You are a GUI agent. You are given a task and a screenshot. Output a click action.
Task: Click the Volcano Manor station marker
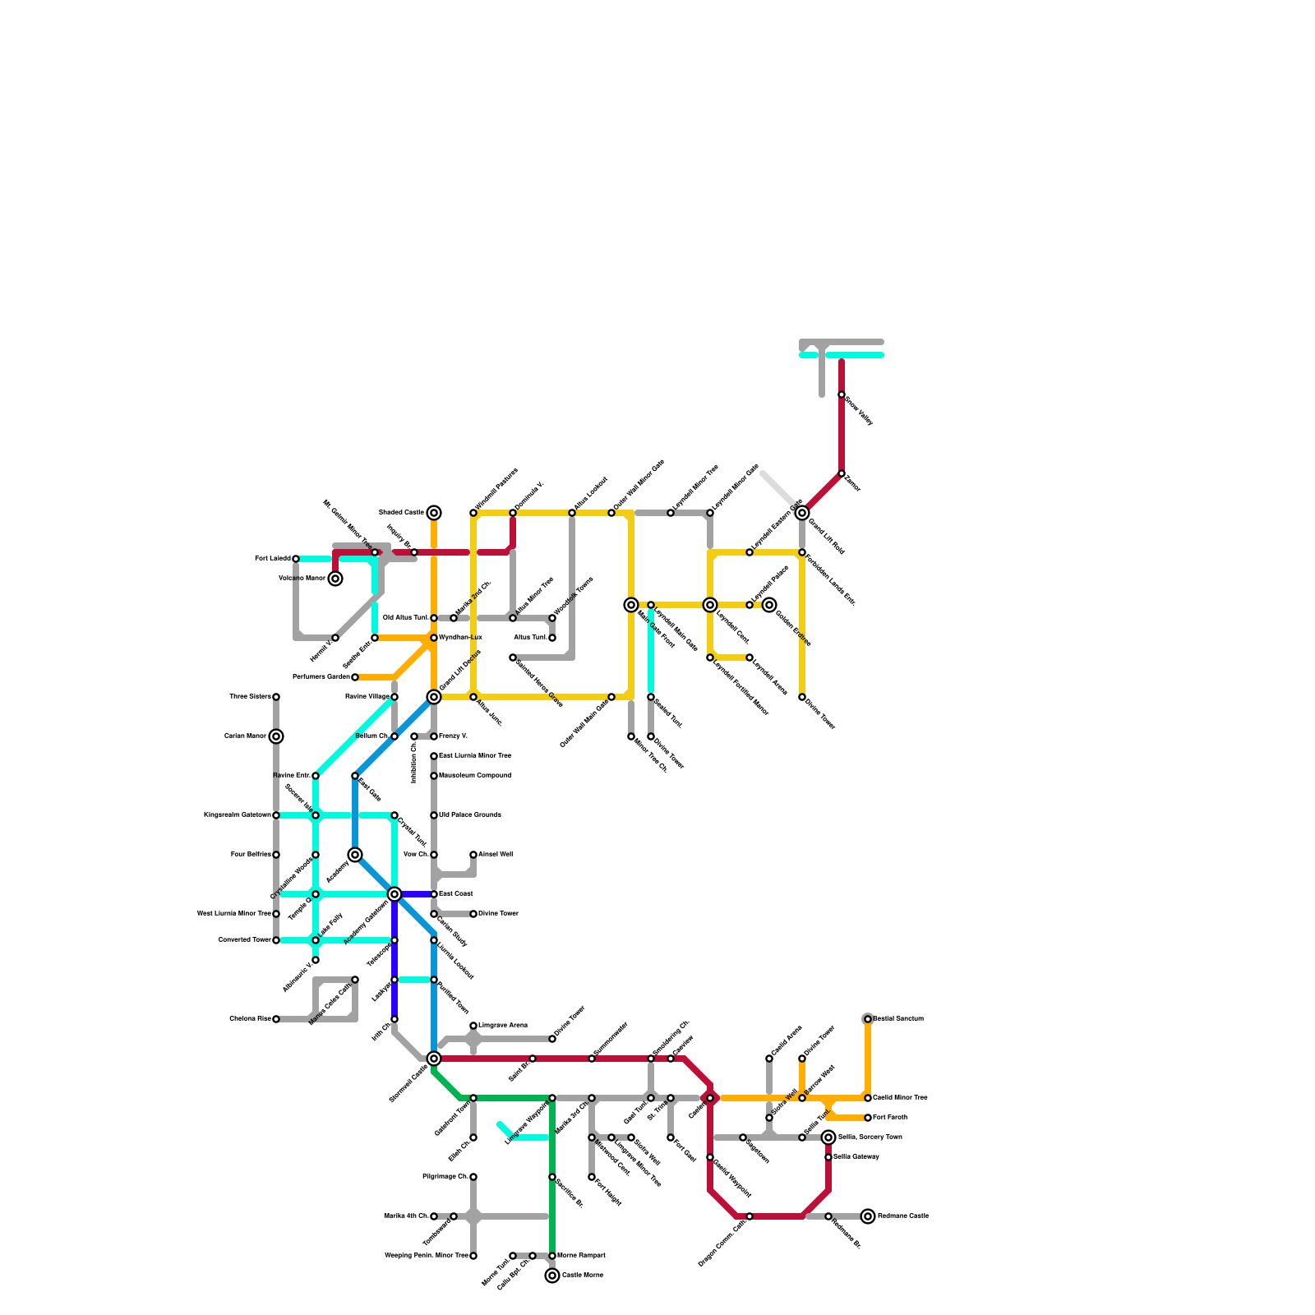pyautogui.click(x=335, y=579)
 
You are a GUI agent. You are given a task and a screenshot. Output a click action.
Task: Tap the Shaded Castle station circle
pyautogui.click(x=434, y=513)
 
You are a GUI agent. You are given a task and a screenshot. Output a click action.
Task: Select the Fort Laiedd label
pyautogui.click(x=271, y=559)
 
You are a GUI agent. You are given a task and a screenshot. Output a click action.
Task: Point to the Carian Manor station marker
pyautogui.click(x=276, y=736)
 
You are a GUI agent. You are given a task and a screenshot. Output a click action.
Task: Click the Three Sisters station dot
pyautogui.click(x=276, y=697)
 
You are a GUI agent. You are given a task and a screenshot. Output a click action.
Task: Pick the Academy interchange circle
pyautogui.click(x=355, y=855)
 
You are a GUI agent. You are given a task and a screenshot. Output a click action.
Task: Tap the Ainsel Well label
pyautogui.click(x=496, y=855)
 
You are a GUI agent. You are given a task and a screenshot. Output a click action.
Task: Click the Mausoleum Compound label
pyautogui.click(x=475, y=776)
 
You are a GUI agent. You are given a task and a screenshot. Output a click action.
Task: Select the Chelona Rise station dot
pyautogui.click(x=276, y=1019)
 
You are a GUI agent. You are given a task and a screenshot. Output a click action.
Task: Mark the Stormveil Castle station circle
pyautogui.click(x=434, y=1059)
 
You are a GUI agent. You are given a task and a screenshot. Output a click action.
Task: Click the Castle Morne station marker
pyautogui.click(x=552, y=1276)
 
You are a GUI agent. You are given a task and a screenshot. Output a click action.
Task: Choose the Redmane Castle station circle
pyautogui.click(x=868, y=1216)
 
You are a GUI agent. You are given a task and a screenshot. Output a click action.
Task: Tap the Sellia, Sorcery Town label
pyautogui.click(x=870, y=1137)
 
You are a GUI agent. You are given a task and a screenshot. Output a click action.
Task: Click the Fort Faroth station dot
pyautogui.click(x=868, y=1118)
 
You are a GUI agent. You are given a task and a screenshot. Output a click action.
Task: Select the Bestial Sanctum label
pyautogui.click(x=898, y=1019)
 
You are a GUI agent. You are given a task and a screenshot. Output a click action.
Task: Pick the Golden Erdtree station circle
pyautogui.click(x=769, y=605)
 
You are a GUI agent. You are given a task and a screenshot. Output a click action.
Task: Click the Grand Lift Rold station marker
pyautogui.click(x=802, y=513)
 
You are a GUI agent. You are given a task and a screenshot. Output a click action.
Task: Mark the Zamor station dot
pyautogui.click(x=842, y=473)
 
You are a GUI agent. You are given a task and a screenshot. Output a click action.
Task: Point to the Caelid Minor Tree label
pyautogui.click(x=900, y=1098)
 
